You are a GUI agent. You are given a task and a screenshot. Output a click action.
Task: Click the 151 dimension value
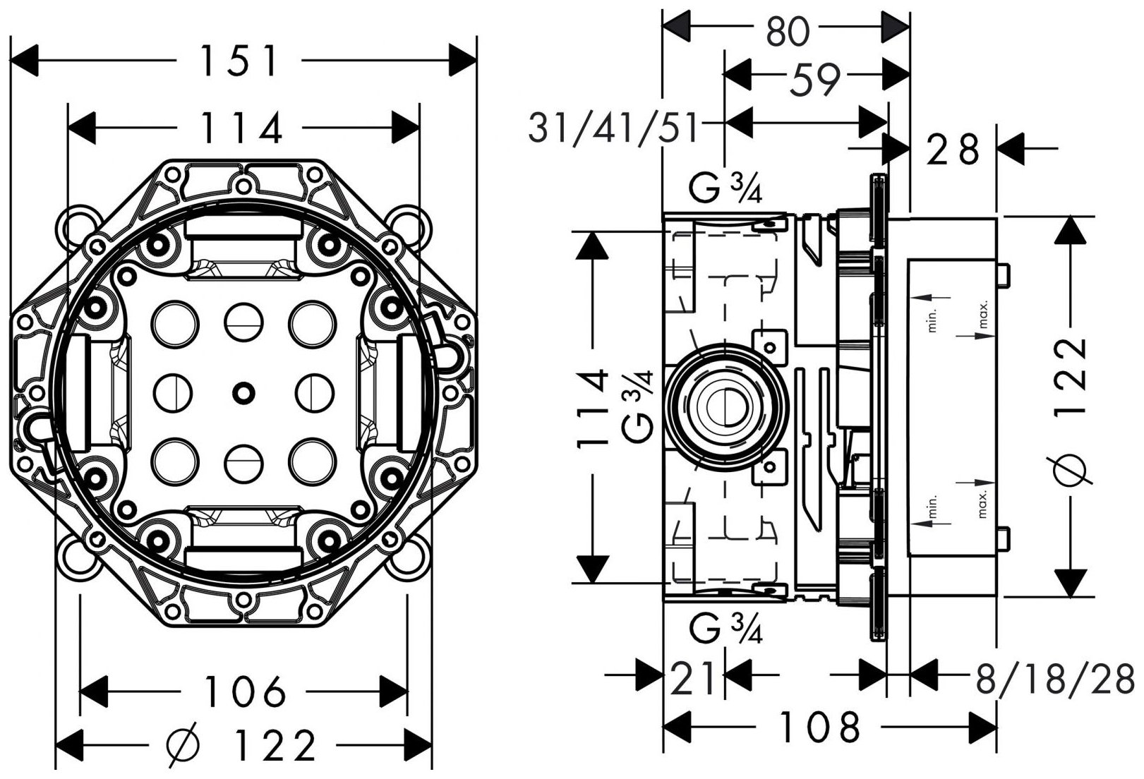point(240,61)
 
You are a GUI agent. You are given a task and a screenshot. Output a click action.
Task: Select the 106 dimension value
point(245,692)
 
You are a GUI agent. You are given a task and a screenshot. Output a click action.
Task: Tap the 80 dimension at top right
point(786,31)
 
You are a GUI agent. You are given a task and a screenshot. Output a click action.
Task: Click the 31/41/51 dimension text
point(613,128)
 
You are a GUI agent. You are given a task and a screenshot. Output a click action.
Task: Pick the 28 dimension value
point(953,150)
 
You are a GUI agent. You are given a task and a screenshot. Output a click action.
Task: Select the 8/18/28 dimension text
point(1054,679)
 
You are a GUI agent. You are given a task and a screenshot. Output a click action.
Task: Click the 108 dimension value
point(820,727)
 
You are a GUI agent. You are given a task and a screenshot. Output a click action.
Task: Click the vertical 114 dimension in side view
point(593,408)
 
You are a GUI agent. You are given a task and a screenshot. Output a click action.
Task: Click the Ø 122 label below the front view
point(241,746)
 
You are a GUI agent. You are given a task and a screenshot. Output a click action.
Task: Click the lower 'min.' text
point(932,507)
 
